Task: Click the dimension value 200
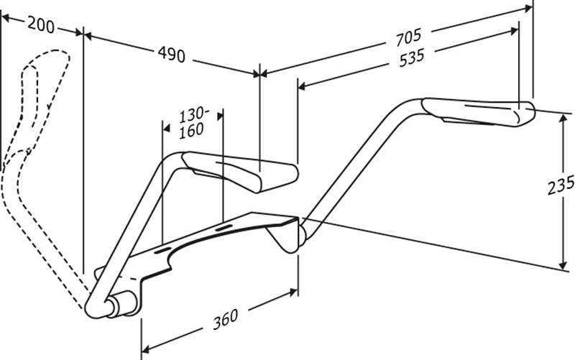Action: pos(41,25)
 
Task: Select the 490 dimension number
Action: pos(172,55)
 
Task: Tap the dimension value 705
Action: pos(408,37)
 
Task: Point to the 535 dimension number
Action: pos(411,58)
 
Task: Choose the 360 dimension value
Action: pos(226,319)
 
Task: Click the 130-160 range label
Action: pos(193,123)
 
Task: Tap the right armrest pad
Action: pos(479,111)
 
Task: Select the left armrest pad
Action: pos(240,171)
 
